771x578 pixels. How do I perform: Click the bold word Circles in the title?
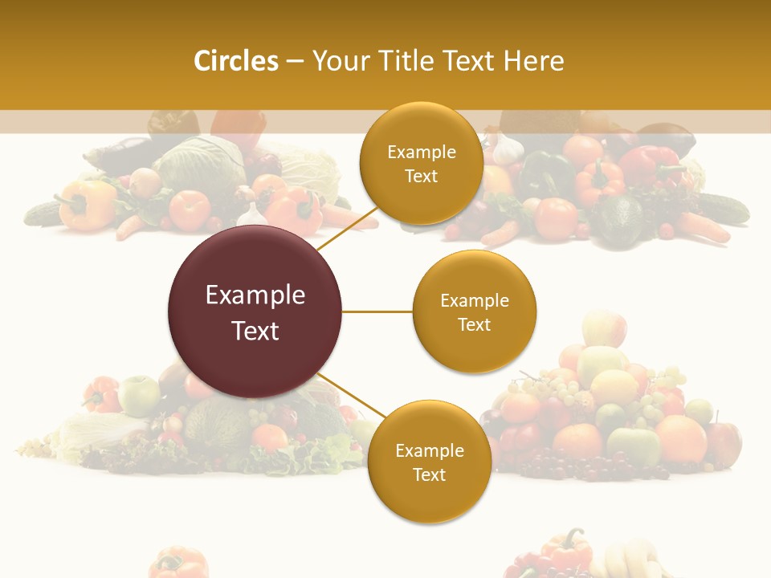[x=235, y=61]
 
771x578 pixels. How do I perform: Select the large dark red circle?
[x=255, y=311]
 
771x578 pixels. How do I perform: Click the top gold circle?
[x=421, y=163]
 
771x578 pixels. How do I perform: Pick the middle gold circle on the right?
[x=474, y=311]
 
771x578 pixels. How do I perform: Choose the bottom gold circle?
[x=429, y=462]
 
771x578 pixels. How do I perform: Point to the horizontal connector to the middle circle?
[x=377, y=311]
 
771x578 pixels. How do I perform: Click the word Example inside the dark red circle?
[x=255, y=295]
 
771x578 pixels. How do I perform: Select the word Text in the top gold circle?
[x=421, y=176]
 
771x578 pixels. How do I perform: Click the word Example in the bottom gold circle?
[x=429, y=450]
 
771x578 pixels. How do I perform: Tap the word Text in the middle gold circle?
[x=474, y=324]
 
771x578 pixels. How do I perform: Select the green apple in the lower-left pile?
[x=138, y=395]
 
